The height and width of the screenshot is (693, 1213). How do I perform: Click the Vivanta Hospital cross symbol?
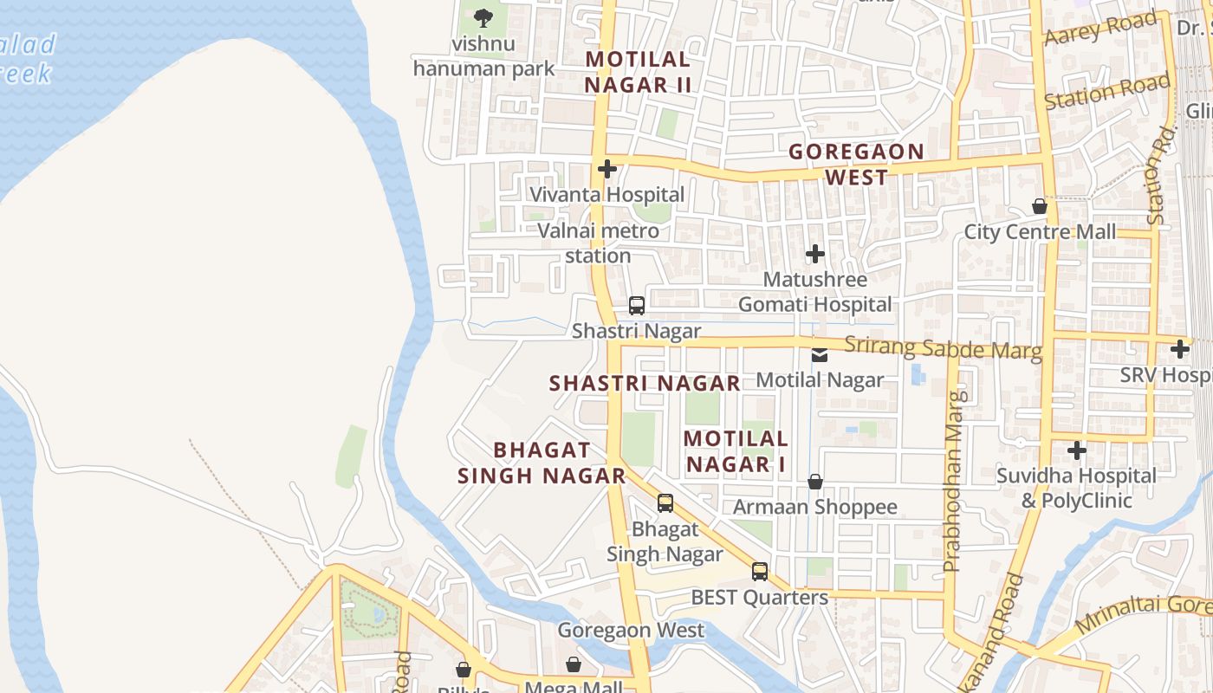(607, 168)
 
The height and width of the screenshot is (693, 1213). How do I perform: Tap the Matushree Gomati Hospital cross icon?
(814, 254)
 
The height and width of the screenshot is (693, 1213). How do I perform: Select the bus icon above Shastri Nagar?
(637, 305)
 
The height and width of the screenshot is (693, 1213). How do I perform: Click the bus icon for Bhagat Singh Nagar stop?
(665, 502)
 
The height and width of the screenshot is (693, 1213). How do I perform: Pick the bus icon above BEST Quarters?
(760, 571)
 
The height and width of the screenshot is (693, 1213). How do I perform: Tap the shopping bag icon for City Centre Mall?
(1040, 206)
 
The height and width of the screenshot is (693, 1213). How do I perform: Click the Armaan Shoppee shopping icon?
(814, 482)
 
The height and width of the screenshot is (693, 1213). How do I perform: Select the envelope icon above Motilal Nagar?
(820, 354)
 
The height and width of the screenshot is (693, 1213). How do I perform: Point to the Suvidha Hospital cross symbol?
(1076, 450)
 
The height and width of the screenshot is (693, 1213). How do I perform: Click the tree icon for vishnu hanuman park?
(483, 16)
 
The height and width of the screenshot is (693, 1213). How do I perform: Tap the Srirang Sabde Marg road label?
(943, 348)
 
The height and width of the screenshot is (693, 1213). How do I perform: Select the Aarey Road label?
(1100, 29)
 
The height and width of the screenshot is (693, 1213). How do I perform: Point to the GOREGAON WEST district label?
(856, 165)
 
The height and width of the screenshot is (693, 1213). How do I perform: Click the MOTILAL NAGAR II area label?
(638, 72)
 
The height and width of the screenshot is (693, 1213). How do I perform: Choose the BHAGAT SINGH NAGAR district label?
(542, 463)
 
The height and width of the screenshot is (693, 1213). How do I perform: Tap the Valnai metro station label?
(598, 243)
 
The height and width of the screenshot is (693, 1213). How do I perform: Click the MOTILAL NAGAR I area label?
(736, 451)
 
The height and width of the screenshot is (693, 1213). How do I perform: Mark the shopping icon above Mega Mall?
(574, 664)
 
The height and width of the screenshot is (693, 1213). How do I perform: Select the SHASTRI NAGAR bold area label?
(645, 383)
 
